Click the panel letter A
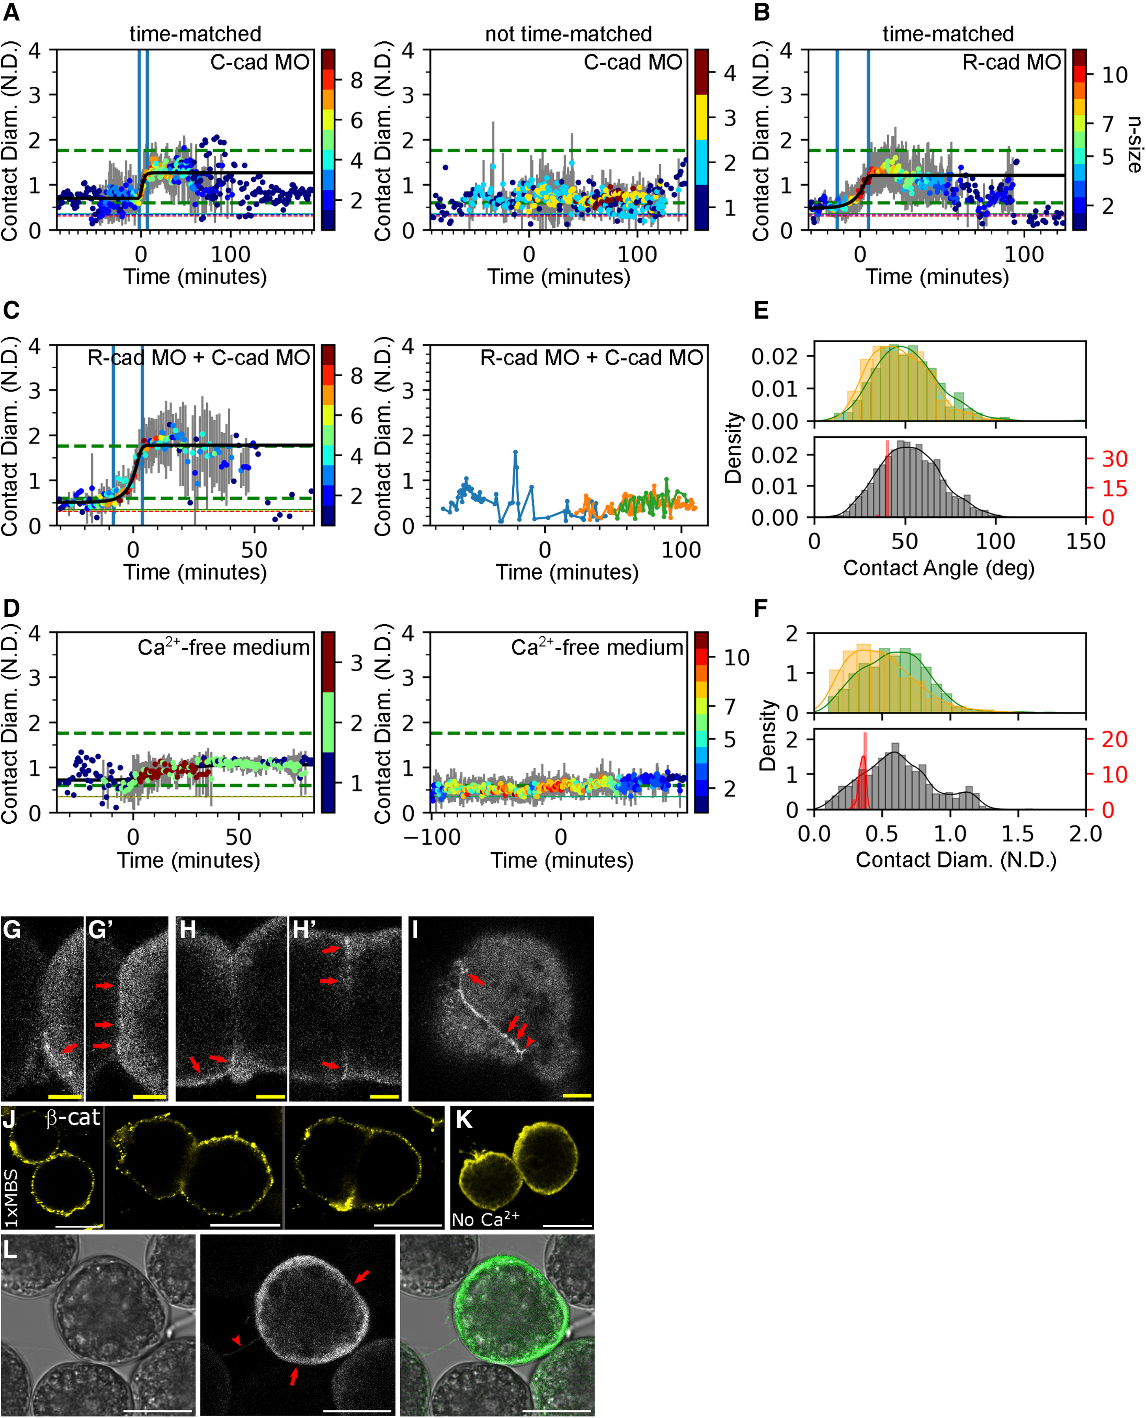pyautogui.click(x=11, y=13)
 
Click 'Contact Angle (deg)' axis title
pyautogui.click(x=938, y=568)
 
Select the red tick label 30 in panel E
pyautogui.click(x=1114, y=459)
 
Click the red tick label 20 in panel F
pyautogui.click(x=1114, y=739)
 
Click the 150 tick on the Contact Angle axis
pyautogui.click(x=1085, y=541)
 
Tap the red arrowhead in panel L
pyautogui.click(x=236, y=1340)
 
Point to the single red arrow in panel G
pyautogui.click(x=69, y=1048)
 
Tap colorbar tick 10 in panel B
pyautogui.click(x=1114, y=75)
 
